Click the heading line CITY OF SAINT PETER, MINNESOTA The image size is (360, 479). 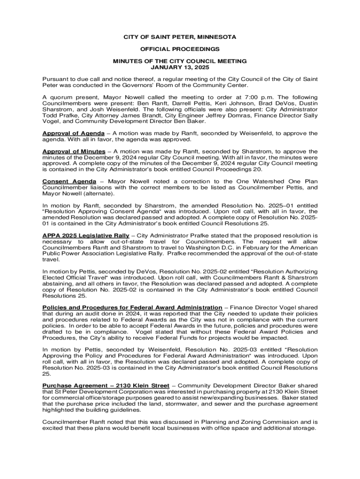pyautogui.click(x=180, y=37)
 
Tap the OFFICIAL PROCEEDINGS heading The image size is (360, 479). pyautogui.click(x=180, y=49)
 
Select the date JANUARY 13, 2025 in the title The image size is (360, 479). pyautogui.click(x=180, y=67)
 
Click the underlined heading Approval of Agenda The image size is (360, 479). pyautogui.click(x=73, y=133)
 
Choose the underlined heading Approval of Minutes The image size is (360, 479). pyautogui.click(x=74, y=152)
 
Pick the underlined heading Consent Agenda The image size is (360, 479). pyautogui.click(x=69, y=181)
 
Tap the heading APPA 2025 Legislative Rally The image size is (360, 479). pyautogui.click(x=86, y=235)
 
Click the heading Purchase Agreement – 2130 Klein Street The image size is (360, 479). pyautogui.click(x=106, y=385)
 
